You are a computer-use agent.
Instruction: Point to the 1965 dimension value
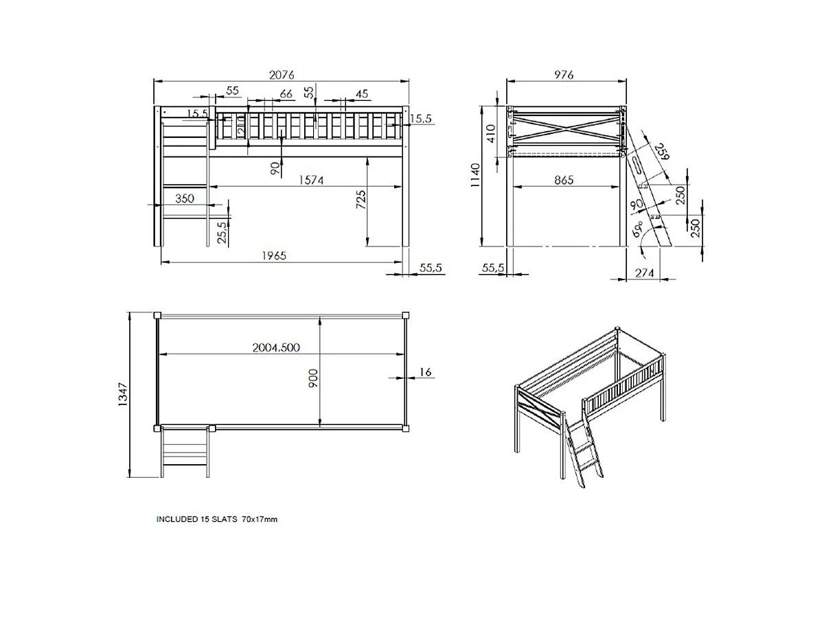point(273,255)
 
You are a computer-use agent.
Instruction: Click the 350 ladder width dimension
point(184,198)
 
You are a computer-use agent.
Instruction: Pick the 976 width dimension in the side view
point(562,74)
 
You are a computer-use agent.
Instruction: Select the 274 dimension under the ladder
point(644,273)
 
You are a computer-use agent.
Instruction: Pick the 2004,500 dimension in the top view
point(275,347)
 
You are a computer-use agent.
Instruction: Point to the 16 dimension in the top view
point(424,371)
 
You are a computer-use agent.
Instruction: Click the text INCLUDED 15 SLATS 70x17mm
point(217,520)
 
